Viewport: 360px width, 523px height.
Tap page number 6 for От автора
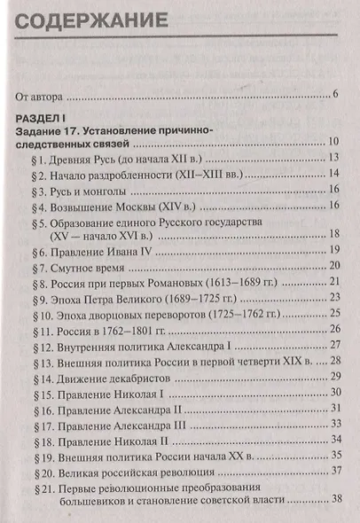coord(336,95)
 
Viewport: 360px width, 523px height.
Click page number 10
coord(334,144)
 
